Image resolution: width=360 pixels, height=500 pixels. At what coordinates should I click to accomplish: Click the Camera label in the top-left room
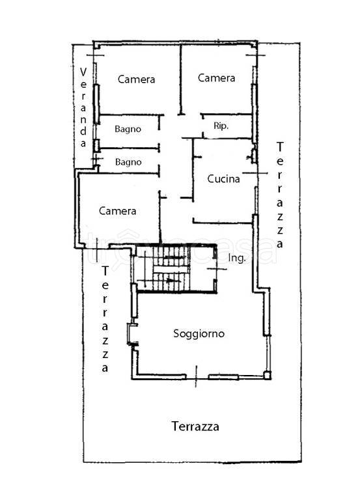point(136,79)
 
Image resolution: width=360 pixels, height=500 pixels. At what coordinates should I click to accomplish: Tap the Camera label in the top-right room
point(216,78)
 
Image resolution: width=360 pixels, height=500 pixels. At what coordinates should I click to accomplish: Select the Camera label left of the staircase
point(117,211)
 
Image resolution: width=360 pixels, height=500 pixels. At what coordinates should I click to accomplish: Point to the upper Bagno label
point(128,129)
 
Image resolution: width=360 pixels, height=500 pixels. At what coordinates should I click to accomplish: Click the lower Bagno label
point(128,162)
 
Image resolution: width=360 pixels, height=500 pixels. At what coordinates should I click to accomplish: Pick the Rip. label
point(221,126)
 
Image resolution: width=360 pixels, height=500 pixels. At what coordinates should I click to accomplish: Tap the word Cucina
point(223,178)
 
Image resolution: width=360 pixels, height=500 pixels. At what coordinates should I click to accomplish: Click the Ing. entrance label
point(237,258)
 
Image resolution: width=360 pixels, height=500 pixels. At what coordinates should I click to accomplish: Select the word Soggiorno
point(199,333)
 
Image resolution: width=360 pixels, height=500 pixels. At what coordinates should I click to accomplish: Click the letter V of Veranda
point(83,72)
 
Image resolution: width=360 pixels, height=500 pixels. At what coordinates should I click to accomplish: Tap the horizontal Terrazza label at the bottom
point(195,426)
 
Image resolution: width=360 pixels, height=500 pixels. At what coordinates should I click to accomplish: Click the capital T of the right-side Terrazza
point(280,147)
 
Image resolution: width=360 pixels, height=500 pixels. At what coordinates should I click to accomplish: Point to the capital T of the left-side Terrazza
point(105,271)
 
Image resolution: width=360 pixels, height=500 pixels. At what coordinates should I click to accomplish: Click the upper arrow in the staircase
point(174,257)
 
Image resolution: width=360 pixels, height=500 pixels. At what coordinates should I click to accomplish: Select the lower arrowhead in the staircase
point(173,281)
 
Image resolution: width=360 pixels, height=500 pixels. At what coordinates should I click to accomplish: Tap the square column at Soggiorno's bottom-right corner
point(267,375)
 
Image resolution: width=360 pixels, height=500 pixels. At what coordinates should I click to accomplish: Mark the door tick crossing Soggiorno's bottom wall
point(196,376)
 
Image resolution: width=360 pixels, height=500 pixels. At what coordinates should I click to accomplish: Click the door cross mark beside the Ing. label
point(216,269)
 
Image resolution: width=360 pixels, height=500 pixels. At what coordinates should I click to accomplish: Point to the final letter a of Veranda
point(83,143)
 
